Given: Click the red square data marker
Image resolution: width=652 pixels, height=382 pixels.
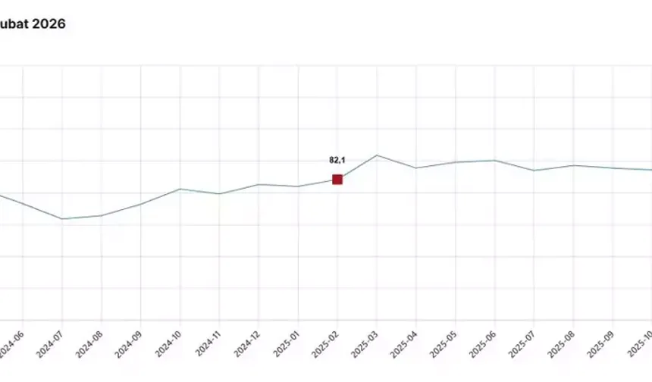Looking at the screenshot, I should [337, 180].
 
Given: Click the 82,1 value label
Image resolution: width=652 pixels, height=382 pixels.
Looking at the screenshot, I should [337, 160].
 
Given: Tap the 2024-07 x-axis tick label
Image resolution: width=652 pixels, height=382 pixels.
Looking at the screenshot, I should [49, 346].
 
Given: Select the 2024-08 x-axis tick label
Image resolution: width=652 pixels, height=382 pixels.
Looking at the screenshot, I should [89, 346].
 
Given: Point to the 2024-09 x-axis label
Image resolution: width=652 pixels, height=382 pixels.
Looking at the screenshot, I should [128, 346].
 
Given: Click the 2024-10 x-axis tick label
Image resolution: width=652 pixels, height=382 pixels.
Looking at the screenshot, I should [168, 346].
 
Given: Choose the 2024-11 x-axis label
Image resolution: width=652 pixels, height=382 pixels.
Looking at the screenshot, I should [207, 346].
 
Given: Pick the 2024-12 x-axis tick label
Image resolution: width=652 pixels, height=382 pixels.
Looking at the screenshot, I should [246, 346].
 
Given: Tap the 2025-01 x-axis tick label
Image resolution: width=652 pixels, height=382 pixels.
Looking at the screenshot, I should [286, 346].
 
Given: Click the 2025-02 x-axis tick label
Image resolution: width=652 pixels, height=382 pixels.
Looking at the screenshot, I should [325, 346].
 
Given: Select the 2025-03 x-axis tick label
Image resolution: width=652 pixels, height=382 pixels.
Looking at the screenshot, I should [365, 346].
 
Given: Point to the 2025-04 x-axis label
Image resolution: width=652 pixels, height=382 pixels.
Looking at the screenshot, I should [404, 346].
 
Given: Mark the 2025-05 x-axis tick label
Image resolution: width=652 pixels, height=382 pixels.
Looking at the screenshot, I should [444, 346].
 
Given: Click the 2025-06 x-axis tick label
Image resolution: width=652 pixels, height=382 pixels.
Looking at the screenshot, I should [483, 346].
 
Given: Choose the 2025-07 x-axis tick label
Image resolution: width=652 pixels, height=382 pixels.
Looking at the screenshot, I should [522, 346].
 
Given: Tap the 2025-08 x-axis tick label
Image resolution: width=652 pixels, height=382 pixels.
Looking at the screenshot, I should [562, 346].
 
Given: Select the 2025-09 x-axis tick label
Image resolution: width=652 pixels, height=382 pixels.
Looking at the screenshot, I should [601, 346].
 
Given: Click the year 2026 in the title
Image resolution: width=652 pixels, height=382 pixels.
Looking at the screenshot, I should [50, 24].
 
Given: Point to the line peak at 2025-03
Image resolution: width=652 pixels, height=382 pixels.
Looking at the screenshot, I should [377, 155].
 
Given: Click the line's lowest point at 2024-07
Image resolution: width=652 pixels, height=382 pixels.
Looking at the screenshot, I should [62, 219].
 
